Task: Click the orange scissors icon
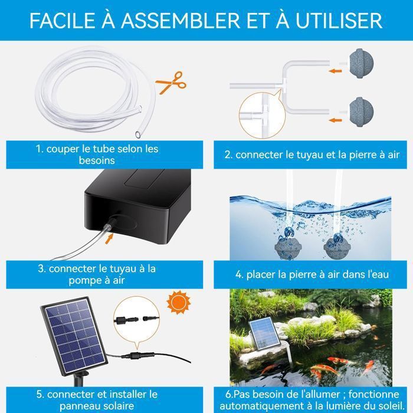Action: coord(170,81)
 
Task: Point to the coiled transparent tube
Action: coord(88,94)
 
